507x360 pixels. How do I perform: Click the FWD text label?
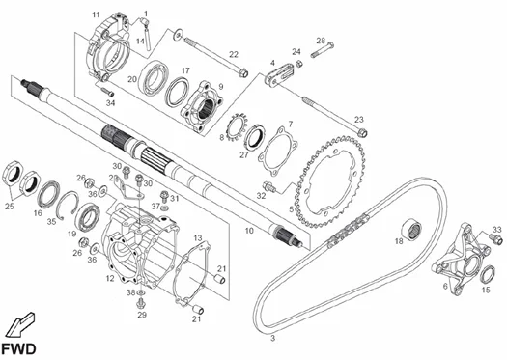18,349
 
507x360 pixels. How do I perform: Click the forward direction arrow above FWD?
20,324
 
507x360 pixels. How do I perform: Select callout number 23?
359,120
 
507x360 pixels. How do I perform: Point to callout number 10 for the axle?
249,231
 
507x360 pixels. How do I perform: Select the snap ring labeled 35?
67,206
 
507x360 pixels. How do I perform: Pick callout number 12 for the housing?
110,278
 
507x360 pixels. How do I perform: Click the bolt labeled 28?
323,50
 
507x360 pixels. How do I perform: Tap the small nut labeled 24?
299,63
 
